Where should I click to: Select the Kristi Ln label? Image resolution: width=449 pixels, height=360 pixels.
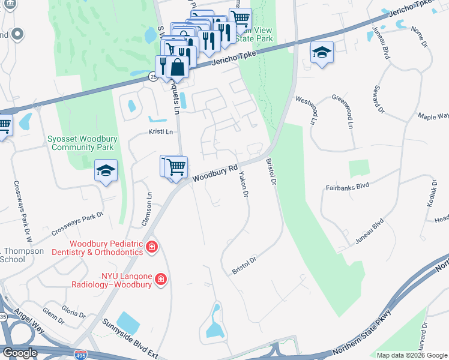160,131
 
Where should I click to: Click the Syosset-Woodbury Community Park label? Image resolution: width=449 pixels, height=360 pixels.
80,142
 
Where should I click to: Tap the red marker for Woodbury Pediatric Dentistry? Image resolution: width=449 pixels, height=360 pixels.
152,247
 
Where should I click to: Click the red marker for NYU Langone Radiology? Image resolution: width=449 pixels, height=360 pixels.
160,278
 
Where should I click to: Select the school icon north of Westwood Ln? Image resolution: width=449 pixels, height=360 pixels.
322,53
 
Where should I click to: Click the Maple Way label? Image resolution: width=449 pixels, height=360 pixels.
433,116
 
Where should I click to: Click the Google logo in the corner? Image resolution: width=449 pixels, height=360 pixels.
20,352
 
